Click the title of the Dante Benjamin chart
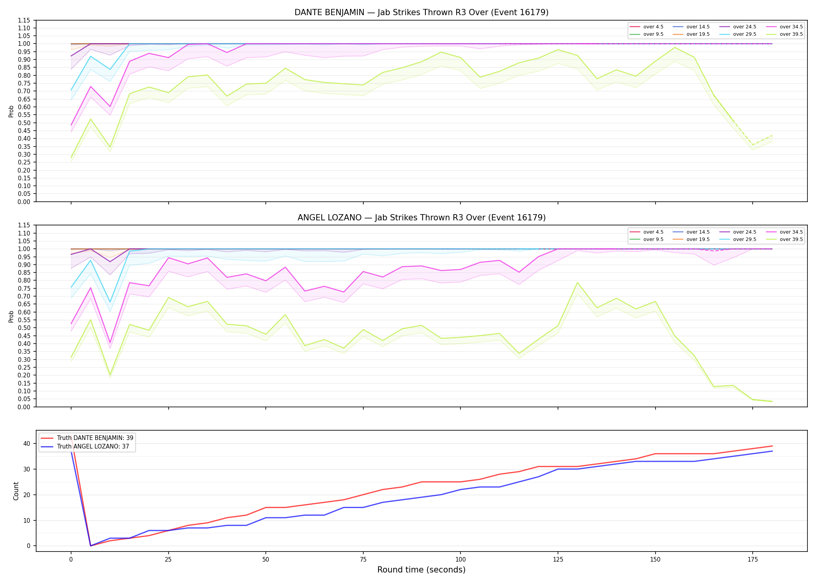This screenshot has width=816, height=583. (422, 12)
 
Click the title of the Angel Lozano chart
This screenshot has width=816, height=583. (422, 218)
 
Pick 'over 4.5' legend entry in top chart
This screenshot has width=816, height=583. (647, 27)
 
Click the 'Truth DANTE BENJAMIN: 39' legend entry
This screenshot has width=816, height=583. (87, 438)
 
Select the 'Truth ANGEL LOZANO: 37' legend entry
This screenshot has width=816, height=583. (85, 447)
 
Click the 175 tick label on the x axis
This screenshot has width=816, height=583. (753, 560)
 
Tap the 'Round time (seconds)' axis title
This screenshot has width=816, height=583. (422, 570)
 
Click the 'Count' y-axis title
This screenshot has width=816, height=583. (16, 491)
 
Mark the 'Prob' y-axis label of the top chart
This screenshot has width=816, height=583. (11, 111)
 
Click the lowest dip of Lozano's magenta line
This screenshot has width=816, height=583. (110, 343)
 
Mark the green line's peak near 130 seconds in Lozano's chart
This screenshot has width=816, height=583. (577, 283)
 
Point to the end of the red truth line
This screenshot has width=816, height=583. (772, 446)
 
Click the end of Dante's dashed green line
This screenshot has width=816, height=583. (772, 135)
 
